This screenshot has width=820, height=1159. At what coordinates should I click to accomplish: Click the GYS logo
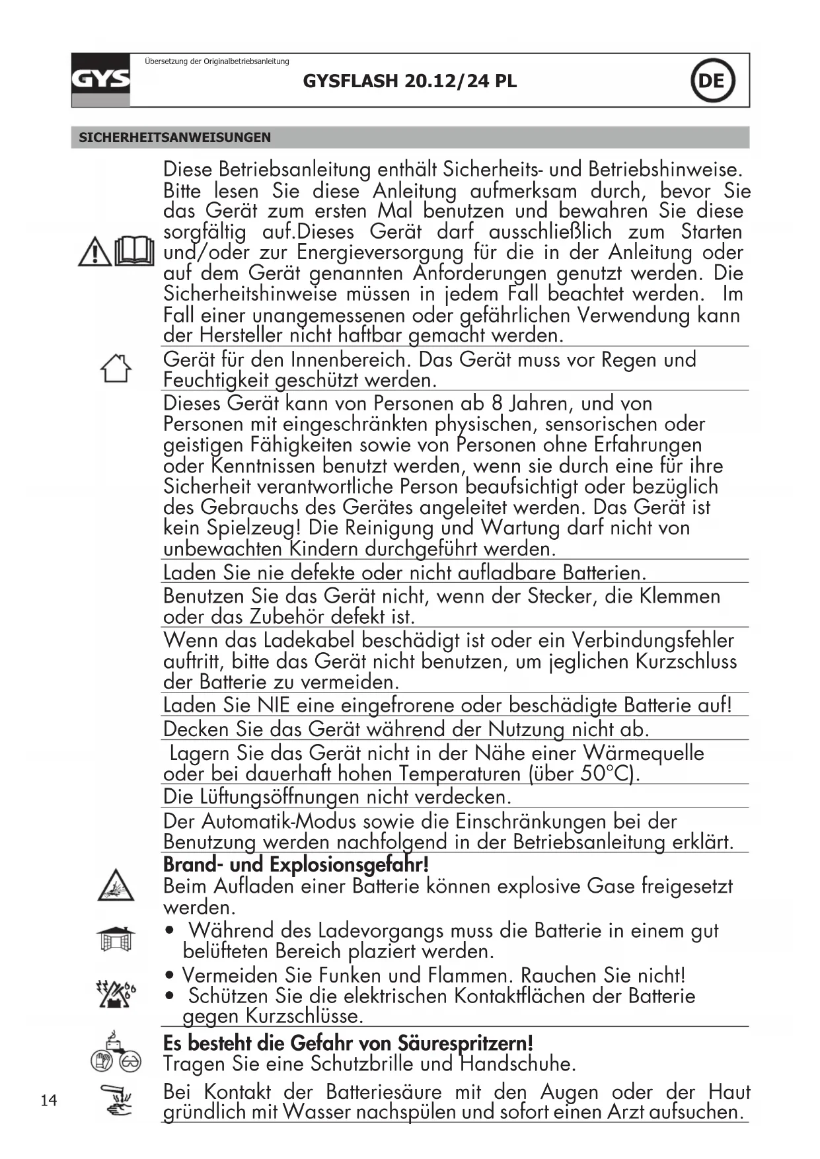[x=100, y=80]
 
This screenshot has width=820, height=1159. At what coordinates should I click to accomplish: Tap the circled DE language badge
[x=712, y=81]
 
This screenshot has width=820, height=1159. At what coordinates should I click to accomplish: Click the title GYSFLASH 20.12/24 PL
[x=410, y=81]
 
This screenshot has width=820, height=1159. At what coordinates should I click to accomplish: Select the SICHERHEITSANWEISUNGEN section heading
[x=174, y=137]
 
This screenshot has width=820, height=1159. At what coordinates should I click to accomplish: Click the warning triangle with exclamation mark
[x=94, y=252]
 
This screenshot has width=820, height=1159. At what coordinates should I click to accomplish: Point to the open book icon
[x=135, y=251]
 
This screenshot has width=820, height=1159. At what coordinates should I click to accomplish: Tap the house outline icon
[x=116, y=368]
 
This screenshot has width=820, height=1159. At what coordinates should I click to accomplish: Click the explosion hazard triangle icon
[x=116, y=886]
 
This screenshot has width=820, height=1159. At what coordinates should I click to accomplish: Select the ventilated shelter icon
[x=116, y=938]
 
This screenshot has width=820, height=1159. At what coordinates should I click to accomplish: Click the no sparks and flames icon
[x=116, y=994]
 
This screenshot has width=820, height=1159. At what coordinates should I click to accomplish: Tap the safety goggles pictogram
[x=130, y=1063]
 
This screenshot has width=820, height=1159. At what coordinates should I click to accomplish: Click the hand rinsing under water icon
[x=116, y=1101]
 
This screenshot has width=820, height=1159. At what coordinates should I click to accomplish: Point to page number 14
[x=49, y=1100]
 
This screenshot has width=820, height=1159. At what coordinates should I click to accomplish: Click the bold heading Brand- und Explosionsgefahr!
[x=296, y=864]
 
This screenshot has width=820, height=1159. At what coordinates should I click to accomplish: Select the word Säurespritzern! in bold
[x=465, y=1043]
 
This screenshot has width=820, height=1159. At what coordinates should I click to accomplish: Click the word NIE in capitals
[x=274, y=705]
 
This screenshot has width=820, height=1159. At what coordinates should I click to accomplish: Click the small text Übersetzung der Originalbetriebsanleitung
[x=217, y=61]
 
